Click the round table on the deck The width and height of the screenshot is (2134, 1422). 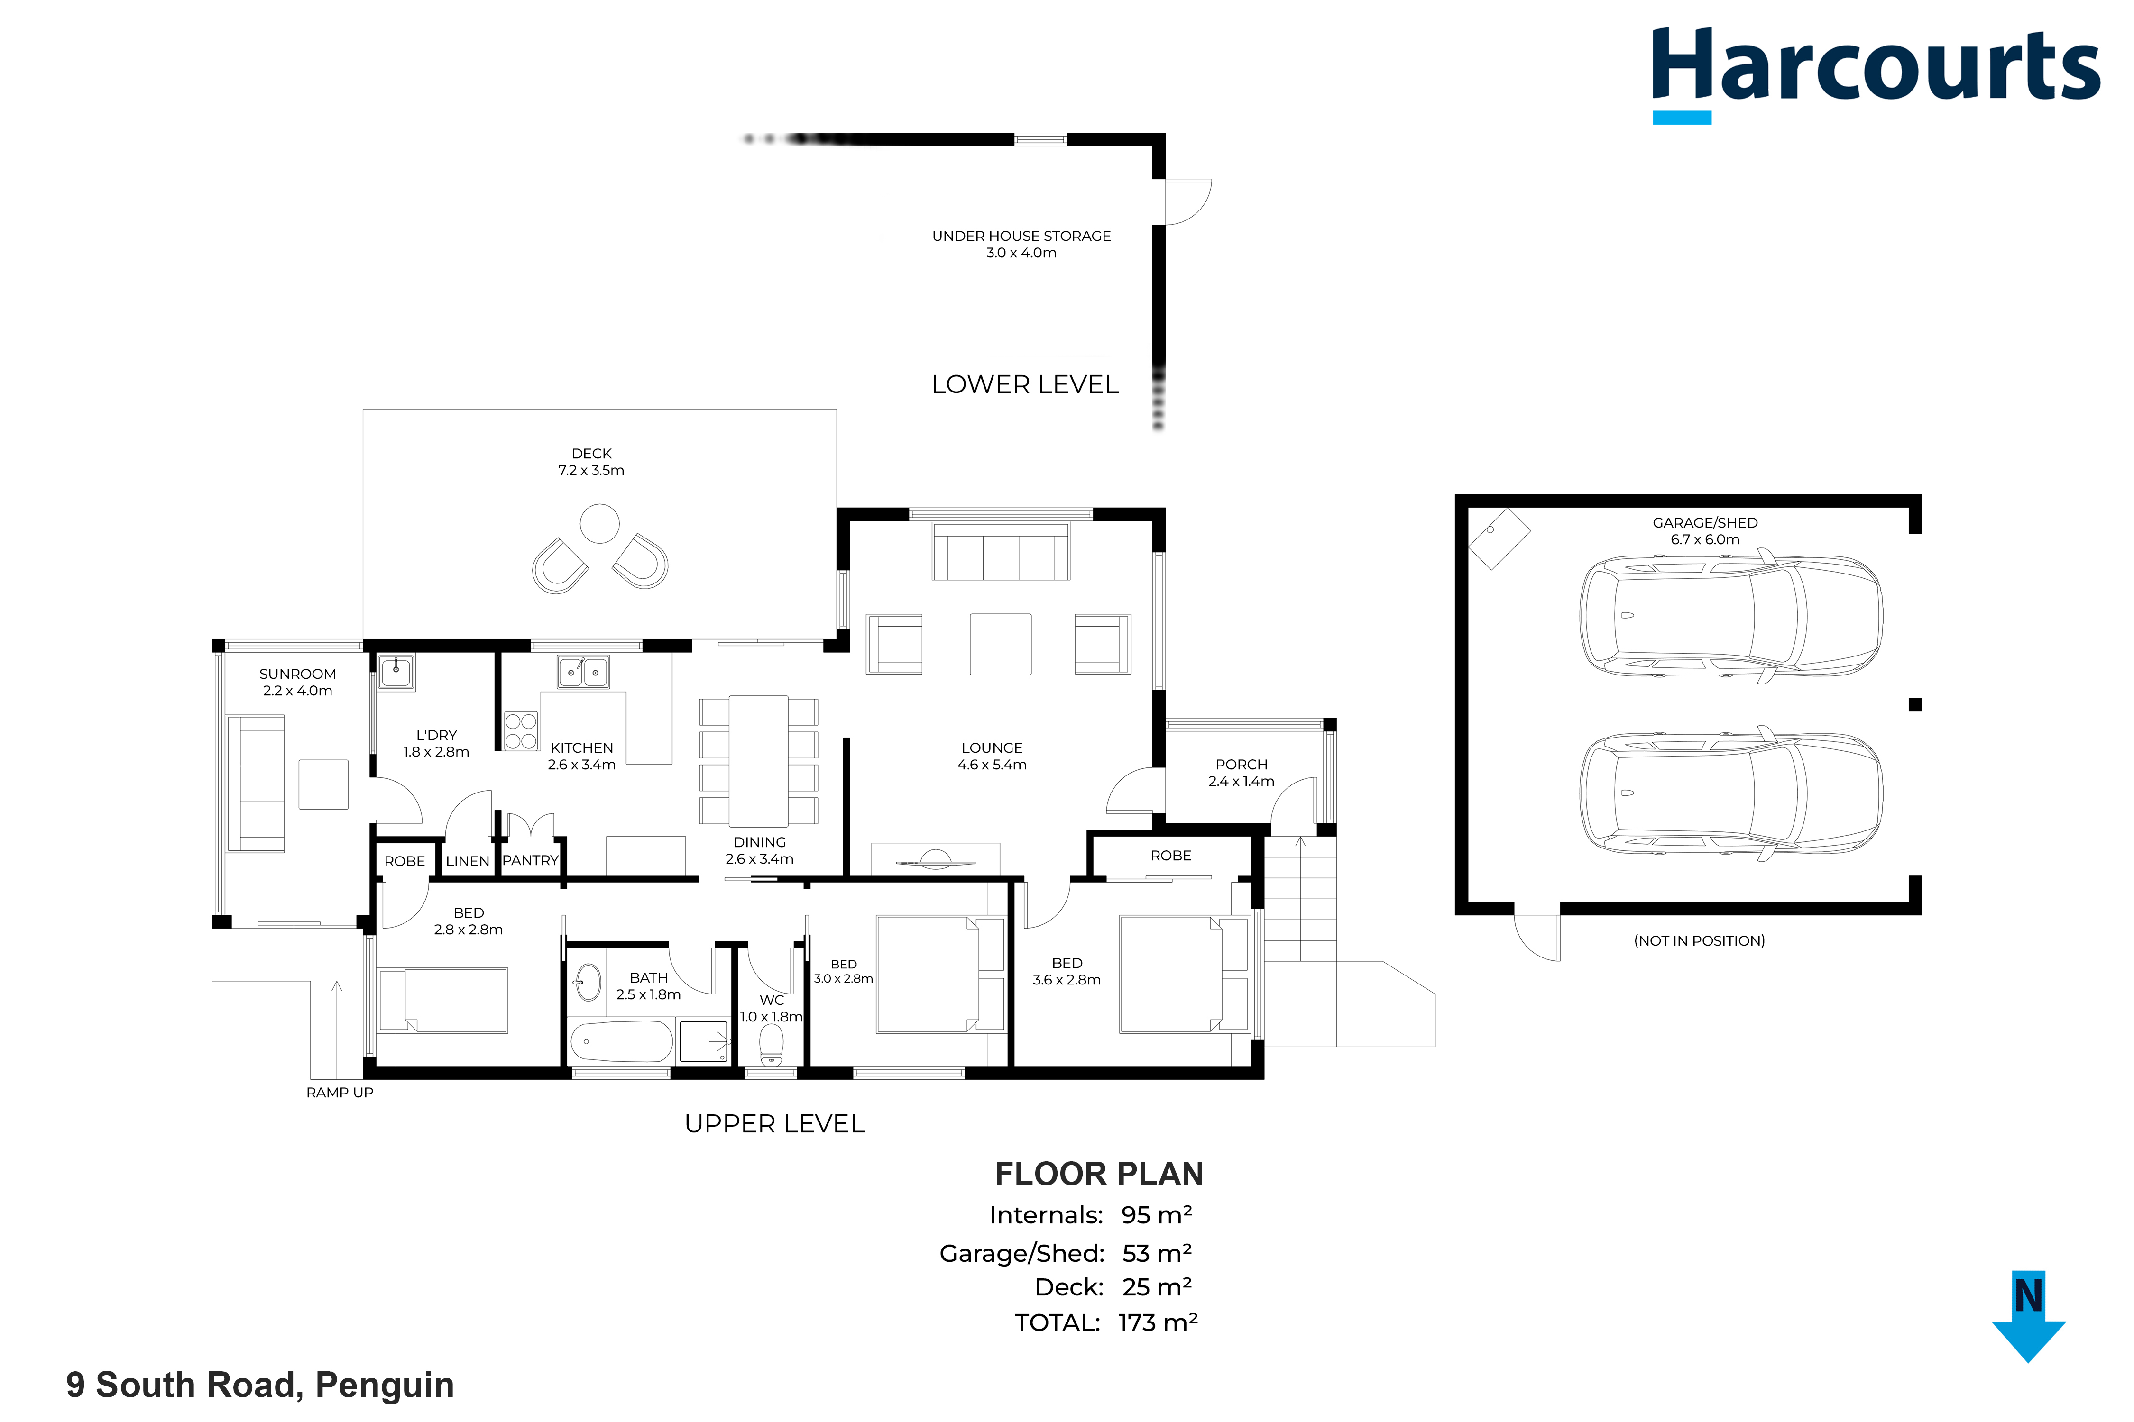tap(600, 523)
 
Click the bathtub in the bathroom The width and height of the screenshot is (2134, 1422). tap(622, 1042)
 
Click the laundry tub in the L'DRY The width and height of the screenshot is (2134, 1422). tap(396, 673)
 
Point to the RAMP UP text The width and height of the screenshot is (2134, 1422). tap(340, 1093)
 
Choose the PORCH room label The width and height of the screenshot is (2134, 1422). tap(1241, 765)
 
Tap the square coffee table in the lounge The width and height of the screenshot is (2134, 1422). tap(1000, 644)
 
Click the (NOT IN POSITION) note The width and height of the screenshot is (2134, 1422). tap(1700, 940)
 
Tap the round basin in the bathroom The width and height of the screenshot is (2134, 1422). tap(588, 982)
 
